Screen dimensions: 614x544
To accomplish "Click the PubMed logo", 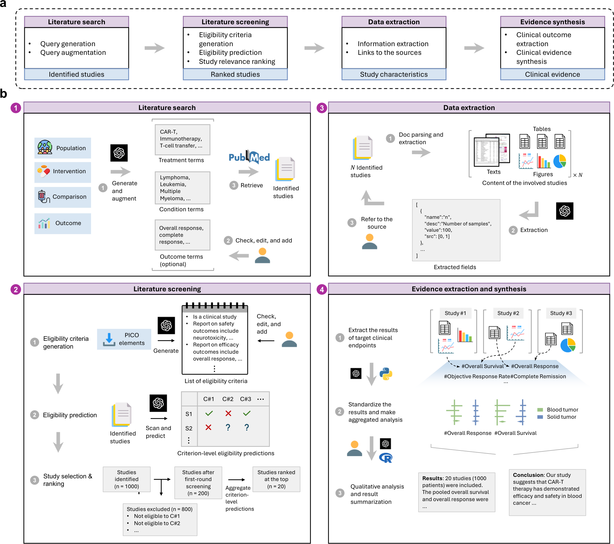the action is (x=249, y=156).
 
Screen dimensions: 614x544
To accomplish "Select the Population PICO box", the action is (x=63, y=148).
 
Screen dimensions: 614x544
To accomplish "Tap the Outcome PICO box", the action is (x=63, y=223).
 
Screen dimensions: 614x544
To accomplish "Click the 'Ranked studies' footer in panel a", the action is (x=235, y=74).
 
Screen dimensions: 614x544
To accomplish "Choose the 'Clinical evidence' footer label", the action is (x=552, y=74).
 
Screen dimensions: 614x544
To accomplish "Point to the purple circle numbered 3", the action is (x=322, y=108).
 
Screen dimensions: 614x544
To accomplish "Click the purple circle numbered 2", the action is (x=16, y=290).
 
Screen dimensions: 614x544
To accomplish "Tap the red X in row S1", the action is (x=228, y=414).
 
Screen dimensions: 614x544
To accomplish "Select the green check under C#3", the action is (x=246, y=414).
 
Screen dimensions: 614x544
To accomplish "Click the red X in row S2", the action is (x=208, y=427).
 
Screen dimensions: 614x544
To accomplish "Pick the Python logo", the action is (x=386, y=374).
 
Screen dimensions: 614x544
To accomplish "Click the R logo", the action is (x=386, y=458).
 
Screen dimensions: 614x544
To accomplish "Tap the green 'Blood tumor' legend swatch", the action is (x=540, y=410).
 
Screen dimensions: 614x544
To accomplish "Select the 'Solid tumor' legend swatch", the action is (x=540, y=417).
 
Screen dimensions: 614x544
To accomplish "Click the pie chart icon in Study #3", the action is (x=568, y=345).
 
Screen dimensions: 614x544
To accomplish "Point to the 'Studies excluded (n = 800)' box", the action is (x=160, y=520).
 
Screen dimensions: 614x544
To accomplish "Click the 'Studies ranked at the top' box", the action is (x=276, y=479).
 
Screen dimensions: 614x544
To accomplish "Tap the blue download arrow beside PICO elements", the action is (x=109, y=339).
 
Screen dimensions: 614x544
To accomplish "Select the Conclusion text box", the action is (x=547, y=492).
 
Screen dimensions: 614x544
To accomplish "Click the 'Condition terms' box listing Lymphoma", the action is (x=182, y=188).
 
